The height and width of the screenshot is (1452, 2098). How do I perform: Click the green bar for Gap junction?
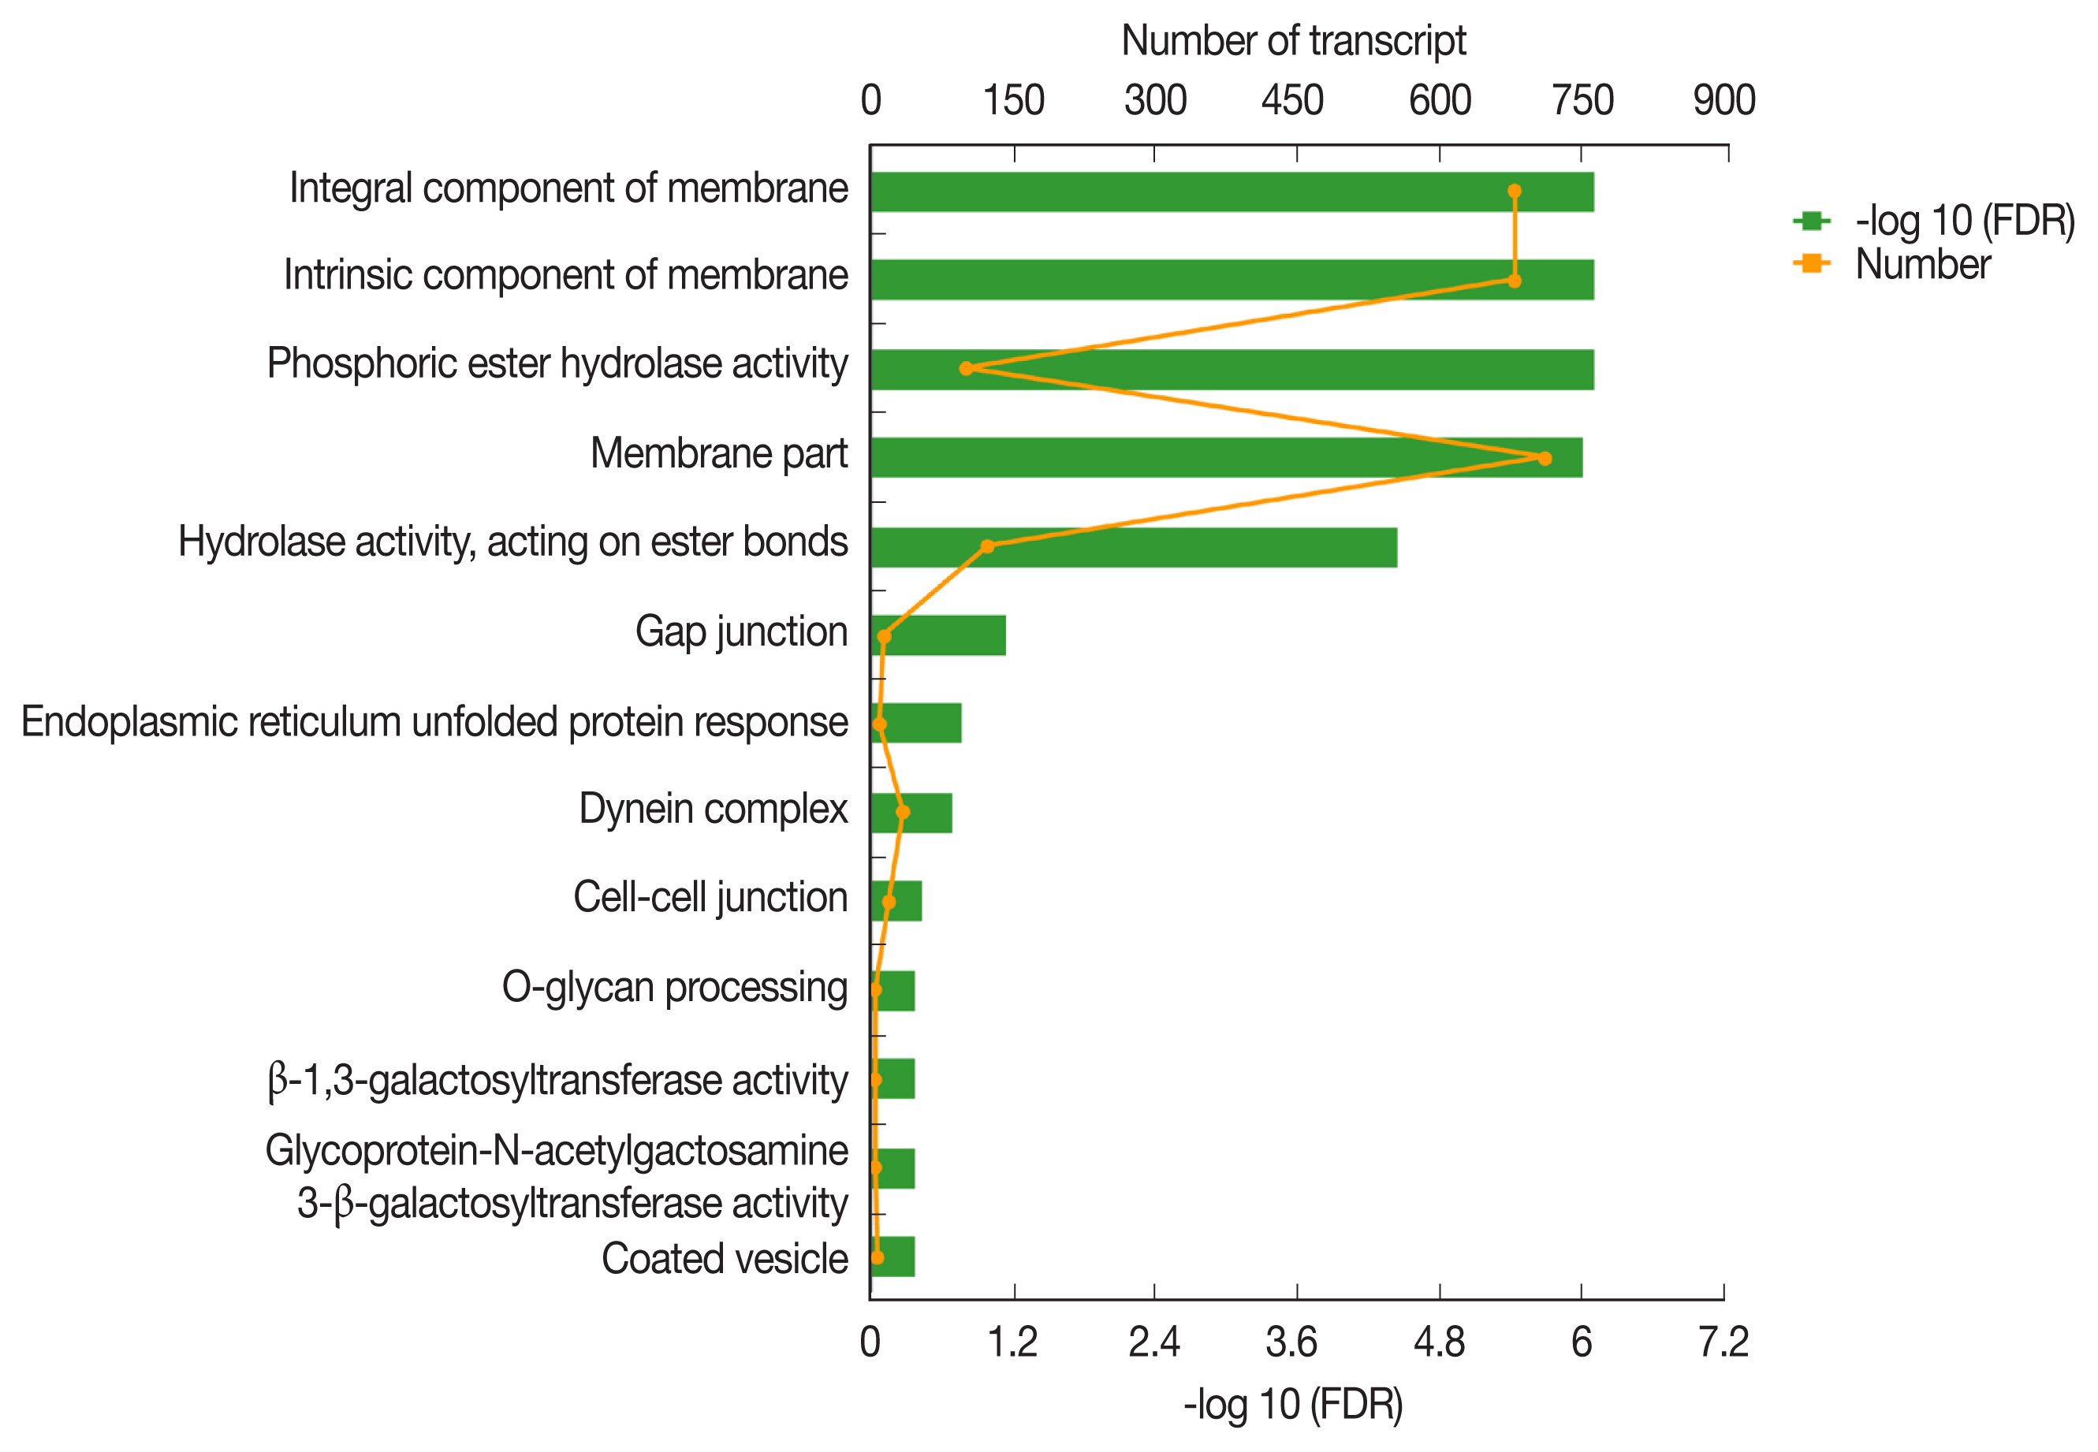938,635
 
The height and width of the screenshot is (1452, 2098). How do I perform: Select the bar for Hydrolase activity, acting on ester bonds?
1133,547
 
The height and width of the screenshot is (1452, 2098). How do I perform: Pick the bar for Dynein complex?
911,813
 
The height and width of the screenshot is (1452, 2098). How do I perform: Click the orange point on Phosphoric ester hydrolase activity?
966,368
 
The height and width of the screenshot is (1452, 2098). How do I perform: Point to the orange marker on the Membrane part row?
1544,459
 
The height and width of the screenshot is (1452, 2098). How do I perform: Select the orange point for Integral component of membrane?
1514,191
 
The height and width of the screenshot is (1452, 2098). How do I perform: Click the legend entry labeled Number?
1921,265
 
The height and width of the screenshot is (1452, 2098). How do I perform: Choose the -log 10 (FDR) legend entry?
1964,221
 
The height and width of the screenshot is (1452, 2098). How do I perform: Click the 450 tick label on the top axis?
1292,100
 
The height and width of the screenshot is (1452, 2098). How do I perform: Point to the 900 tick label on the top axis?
1723,100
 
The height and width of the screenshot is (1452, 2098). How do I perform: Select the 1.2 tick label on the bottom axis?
1012,1343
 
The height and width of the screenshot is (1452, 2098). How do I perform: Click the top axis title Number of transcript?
1293,41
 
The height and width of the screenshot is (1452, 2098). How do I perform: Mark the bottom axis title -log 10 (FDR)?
1293,1405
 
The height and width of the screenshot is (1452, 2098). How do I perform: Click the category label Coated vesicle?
725,1259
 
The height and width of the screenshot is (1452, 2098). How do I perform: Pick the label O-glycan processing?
674,988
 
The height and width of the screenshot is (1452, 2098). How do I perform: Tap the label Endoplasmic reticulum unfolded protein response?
434,722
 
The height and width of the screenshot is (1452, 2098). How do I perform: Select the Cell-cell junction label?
710,898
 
